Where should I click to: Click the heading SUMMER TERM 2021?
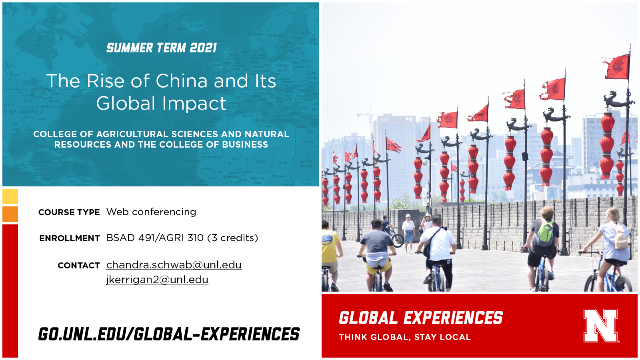coord(162,48)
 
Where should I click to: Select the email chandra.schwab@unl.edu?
coord(174,265)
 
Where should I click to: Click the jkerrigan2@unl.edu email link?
coord(157,280)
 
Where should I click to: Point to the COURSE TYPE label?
coord(69,212)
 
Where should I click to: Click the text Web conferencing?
coord(151,212)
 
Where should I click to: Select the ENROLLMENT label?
coord(70,238)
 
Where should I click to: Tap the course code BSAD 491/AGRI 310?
coord(154,238)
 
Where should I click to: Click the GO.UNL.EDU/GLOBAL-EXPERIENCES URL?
coord(169,334)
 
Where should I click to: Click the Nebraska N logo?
coord(600,326)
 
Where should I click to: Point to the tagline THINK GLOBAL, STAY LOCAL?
coord(404,337)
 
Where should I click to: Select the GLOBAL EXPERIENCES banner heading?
coord(421,318)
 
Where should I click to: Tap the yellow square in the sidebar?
coord(10,196)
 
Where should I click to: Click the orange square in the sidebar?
coord(10,214)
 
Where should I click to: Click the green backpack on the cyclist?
coord(546,233)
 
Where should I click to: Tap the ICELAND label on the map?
coord(196,26)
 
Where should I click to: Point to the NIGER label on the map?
coord(260,162)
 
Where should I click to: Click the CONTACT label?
coord(79,266)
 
